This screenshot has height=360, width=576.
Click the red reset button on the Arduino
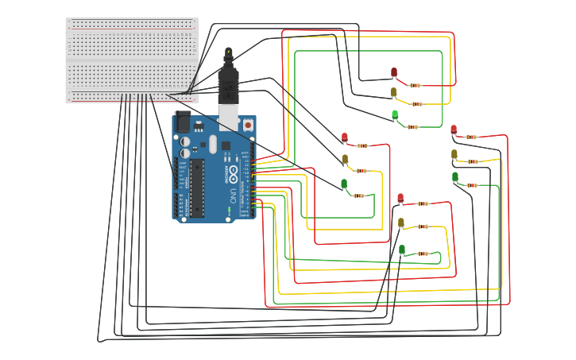[248, 125]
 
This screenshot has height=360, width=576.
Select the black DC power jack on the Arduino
[182, 122]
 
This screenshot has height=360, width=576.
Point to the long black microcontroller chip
[195, 188]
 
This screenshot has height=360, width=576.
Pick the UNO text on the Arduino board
[233, 195]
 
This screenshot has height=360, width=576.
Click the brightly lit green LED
[395, 114]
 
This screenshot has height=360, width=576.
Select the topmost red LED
[393, 72]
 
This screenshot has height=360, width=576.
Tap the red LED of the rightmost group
[454, 130]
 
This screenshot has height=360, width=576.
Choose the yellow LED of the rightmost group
[454, 154]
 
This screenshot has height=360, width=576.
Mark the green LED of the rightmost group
[455, 176]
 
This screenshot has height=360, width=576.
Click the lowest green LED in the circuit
[401, 250]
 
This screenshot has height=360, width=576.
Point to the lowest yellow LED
[401, 223]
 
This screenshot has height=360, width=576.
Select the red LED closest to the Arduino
[344, 137]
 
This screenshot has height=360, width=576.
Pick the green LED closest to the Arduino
[344, 184]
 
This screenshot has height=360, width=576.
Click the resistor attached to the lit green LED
[412, 126]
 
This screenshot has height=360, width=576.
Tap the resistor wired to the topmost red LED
[415, 85]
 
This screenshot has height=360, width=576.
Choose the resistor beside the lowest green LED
[423, 254]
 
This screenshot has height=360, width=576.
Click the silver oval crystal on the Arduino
[212, 144]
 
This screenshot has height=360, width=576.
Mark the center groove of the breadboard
[132, 60]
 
